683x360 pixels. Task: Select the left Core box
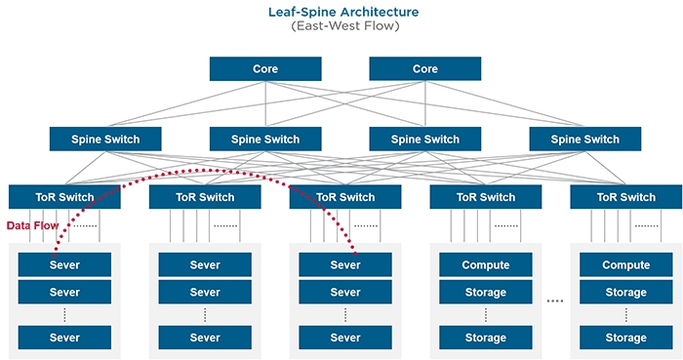coord(265,69)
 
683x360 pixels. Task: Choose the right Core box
coord(425,69)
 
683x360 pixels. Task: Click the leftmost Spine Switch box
coord(106,139)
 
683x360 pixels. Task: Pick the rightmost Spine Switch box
coord(585,139)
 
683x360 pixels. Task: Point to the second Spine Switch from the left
coord(266,139)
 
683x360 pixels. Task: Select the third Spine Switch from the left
coord(425,139)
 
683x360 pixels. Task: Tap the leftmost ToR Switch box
coord(64,196)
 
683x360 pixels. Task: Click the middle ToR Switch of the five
coord(345,196)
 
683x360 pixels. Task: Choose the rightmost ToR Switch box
coord(626,196)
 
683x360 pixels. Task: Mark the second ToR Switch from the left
coord(205,196)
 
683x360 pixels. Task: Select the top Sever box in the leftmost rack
coord(64,264)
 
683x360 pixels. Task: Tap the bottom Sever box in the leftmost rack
coord(64,338)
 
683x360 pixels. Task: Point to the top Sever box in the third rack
coord(345,264)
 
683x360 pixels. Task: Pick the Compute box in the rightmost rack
coord(626,264)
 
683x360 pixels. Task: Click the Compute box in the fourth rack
coord(486,264)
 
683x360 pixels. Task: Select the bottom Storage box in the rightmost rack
coord(626,338)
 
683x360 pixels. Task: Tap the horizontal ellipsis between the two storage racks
coord(555,301)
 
